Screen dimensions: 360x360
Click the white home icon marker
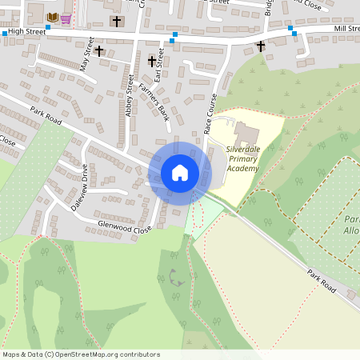180,172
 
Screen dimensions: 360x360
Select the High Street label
25,32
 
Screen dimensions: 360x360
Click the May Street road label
86,54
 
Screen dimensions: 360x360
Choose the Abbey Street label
129,95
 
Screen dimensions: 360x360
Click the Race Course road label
211,113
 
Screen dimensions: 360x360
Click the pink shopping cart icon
66,18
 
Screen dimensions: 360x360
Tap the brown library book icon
53,18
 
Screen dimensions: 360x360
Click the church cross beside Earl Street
151,61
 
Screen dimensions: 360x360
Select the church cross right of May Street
99,51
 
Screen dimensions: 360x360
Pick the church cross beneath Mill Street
261,46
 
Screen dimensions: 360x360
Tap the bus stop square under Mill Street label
294,33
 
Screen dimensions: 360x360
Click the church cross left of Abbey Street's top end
117,21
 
